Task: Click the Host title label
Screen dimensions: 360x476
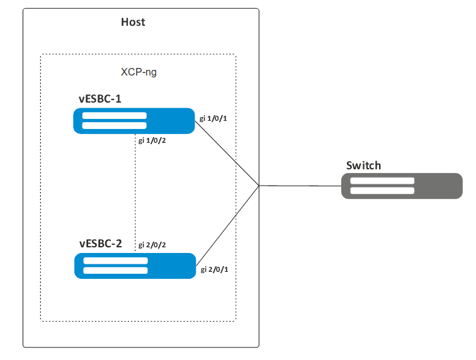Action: [133, 22]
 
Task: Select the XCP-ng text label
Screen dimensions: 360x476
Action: [139, 72]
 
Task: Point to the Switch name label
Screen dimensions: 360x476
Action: [363, 166]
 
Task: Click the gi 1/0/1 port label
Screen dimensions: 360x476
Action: [213, 118]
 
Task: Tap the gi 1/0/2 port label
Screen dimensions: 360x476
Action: [152, 140]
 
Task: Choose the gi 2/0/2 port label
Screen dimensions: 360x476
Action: [152, 244]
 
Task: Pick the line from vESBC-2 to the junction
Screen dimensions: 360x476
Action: [227, 224]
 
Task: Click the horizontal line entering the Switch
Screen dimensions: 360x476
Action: [299, 186]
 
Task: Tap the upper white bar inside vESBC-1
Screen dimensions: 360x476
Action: [115, 116]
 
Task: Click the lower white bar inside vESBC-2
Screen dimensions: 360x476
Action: [115, 271]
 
